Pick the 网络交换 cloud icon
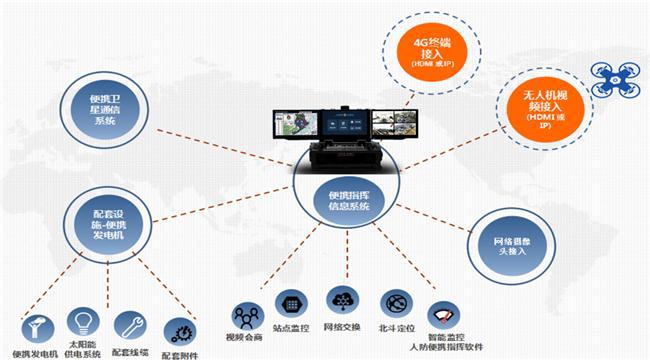point(341,300)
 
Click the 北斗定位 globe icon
point(393,303)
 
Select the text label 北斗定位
point(397,327)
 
